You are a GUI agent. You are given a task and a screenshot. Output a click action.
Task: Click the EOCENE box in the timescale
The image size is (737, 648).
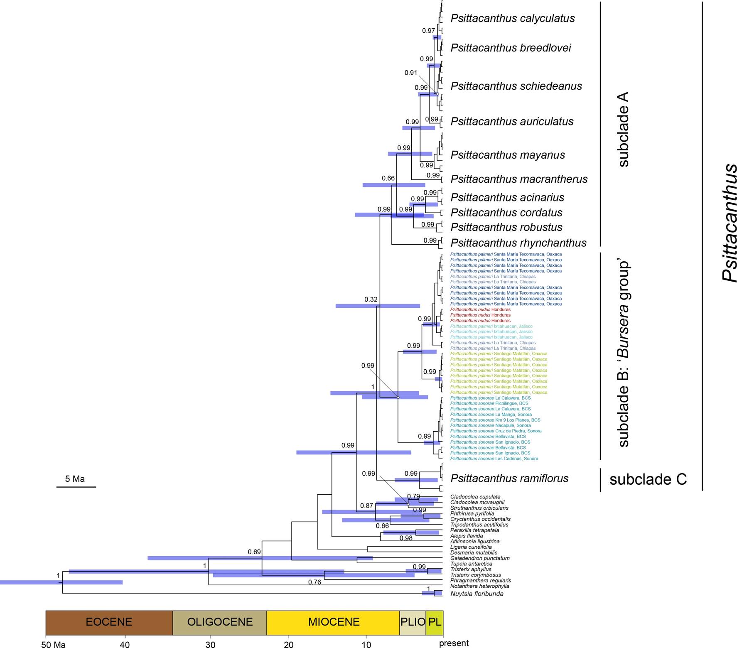[109, 622]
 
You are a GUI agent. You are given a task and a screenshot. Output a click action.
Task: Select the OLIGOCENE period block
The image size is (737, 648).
[220, 622]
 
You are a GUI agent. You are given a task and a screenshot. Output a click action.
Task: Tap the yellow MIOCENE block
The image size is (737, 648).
[334, 622]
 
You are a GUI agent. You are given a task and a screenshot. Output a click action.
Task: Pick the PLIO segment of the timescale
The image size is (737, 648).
[413, 622]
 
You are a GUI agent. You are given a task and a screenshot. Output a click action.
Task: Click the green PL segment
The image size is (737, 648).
[435, 622]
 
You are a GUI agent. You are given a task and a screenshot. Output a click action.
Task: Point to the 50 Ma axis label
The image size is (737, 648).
[54, 644]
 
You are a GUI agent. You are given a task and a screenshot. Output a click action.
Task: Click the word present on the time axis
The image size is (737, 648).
[454, 643]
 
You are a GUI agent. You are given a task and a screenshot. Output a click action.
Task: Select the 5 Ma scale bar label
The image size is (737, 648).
[75, 479]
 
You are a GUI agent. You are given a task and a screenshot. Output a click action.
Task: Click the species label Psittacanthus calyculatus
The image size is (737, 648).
[512, 18]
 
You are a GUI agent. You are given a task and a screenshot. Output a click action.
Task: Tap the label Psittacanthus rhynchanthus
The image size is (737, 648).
[518, 243]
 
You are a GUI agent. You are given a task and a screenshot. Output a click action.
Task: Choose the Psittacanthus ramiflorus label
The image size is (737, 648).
[509, 479]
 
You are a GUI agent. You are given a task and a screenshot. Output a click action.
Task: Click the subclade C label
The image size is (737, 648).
[648, 479]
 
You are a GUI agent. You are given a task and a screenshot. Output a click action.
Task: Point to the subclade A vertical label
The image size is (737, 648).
[623, 130]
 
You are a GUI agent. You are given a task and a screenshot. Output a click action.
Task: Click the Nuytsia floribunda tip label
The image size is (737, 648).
[477, 594]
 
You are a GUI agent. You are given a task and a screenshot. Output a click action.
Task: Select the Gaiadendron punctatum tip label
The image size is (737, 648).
[480, 558]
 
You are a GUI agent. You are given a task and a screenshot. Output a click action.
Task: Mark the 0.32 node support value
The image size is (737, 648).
[371, 299]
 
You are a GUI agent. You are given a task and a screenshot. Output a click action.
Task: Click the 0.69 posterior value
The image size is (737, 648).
[254, 552]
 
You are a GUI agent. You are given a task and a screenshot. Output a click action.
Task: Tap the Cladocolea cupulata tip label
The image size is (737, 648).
[475, 497]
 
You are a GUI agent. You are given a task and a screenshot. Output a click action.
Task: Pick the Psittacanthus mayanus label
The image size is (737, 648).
[508, 155]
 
